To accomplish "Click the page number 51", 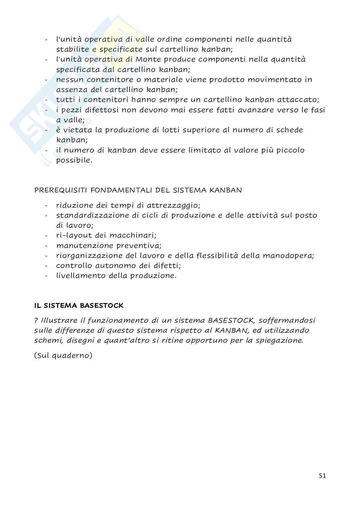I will pyautogui.click(x=322, y=476).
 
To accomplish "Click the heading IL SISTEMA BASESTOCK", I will pyautogui.click(x=79, y=305).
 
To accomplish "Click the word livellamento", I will pyautogui.click(x=81, y=276).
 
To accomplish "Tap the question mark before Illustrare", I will pyautogui.click(x=36, y=320).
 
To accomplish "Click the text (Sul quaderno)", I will pyautogui.click(x=63, y=356).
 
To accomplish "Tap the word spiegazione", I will pyautogui.click(x=278, y=340).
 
